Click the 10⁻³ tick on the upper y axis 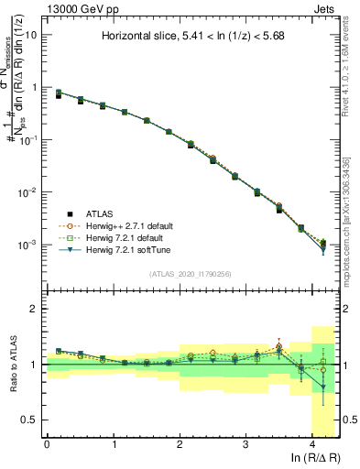(27, 245)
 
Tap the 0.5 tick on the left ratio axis (30, 420)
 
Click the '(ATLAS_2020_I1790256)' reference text (190, 274)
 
